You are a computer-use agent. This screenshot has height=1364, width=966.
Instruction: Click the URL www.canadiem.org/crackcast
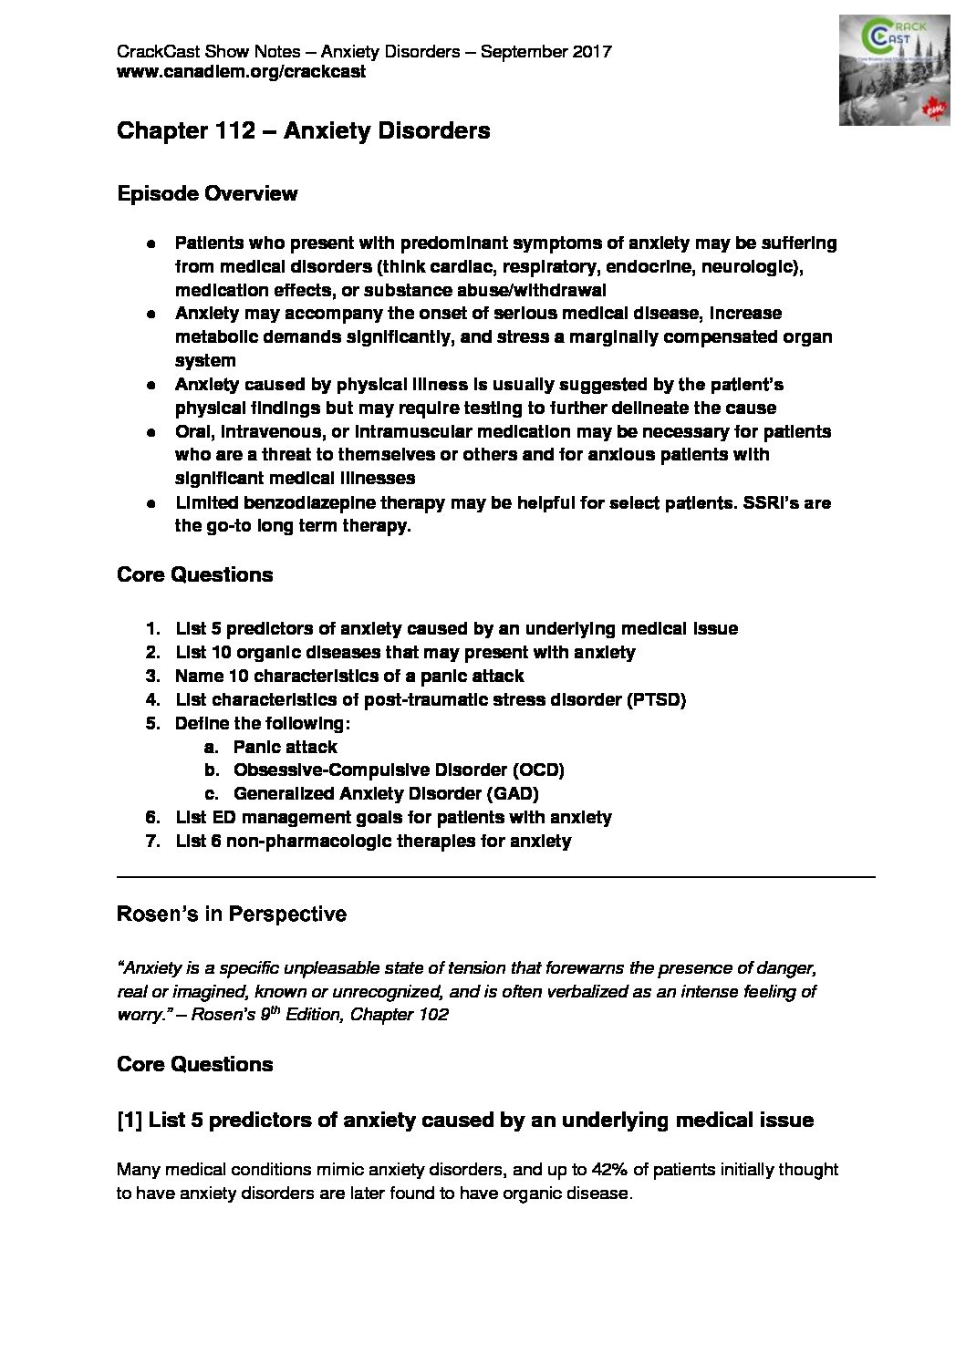(x=241, y=71)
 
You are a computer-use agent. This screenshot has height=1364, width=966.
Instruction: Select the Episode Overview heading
(x=207, y=193)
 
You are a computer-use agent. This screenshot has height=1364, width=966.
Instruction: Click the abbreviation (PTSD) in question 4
(x=656, y=699)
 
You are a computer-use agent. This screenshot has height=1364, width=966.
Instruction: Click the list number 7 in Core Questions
(x=152, y=841)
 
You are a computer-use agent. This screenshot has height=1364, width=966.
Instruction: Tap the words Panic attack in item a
(x=285, y=747)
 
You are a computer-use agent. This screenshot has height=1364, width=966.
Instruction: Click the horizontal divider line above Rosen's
(x=496, y=877)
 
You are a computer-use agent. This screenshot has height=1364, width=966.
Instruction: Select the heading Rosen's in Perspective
(x=232, y=914)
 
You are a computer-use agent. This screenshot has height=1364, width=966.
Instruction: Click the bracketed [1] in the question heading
(x=129, y=1120)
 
